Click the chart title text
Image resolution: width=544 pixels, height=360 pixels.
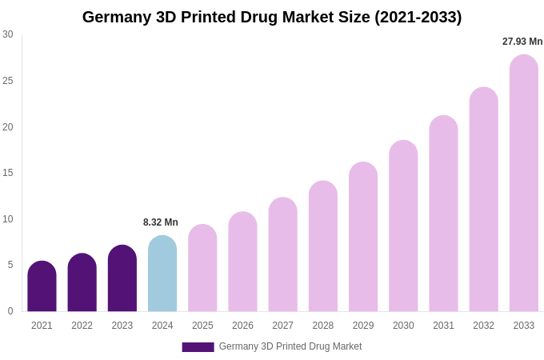[x=272, y=17]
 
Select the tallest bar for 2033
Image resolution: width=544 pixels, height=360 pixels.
[x=523, y=183]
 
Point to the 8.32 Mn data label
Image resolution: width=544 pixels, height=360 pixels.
[x=161, y=222]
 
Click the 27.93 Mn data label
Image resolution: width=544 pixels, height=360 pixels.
[x=522, y=42]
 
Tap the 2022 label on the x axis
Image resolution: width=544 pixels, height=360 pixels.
[x=82, y=326]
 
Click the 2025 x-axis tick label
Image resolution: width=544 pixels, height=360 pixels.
[x=202, y=326]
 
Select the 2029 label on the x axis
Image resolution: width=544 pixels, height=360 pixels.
[x=363, y=326]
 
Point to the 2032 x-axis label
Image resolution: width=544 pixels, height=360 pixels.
[x=483, y=326]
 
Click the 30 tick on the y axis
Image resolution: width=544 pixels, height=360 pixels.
[x=8, y=34]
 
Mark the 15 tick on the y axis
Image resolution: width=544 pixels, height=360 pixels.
[x=8, y=173]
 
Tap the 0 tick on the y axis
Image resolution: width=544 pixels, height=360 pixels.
[x=10, y=311]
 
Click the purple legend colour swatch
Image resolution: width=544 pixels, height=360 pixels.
[x=198, y=347]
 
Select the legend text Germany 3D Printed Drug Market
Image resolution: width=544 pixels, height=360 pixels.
[x=290, y=346]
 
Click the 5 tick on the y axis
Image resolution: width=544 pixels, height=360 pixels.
[x=10, y=265]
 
